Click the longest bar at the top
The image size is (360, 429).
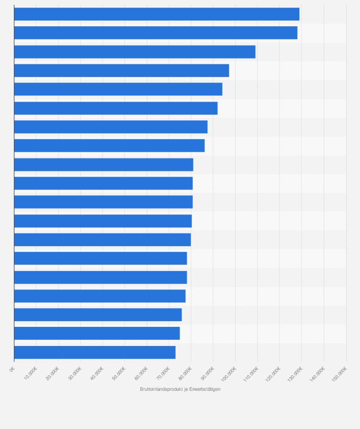[157, 14]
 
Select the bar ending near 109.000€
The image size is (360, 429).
[135, 52]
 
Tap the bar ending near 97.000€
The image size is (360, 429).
[121, 71]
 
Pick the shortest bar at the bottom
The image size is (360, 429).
[95, 352]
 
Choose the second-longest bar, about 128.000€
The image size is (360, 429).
[156, 33]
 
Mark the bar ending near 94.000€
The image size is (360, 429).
[118, 89]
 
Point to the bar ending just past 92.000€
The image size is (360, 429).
[116, 108]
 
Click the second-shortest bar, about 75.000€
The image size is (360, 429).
[97, 334]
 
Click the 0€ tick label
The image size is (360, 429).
[13, 369]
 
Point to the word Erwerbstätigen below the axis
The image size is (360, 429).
[205, 389]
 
